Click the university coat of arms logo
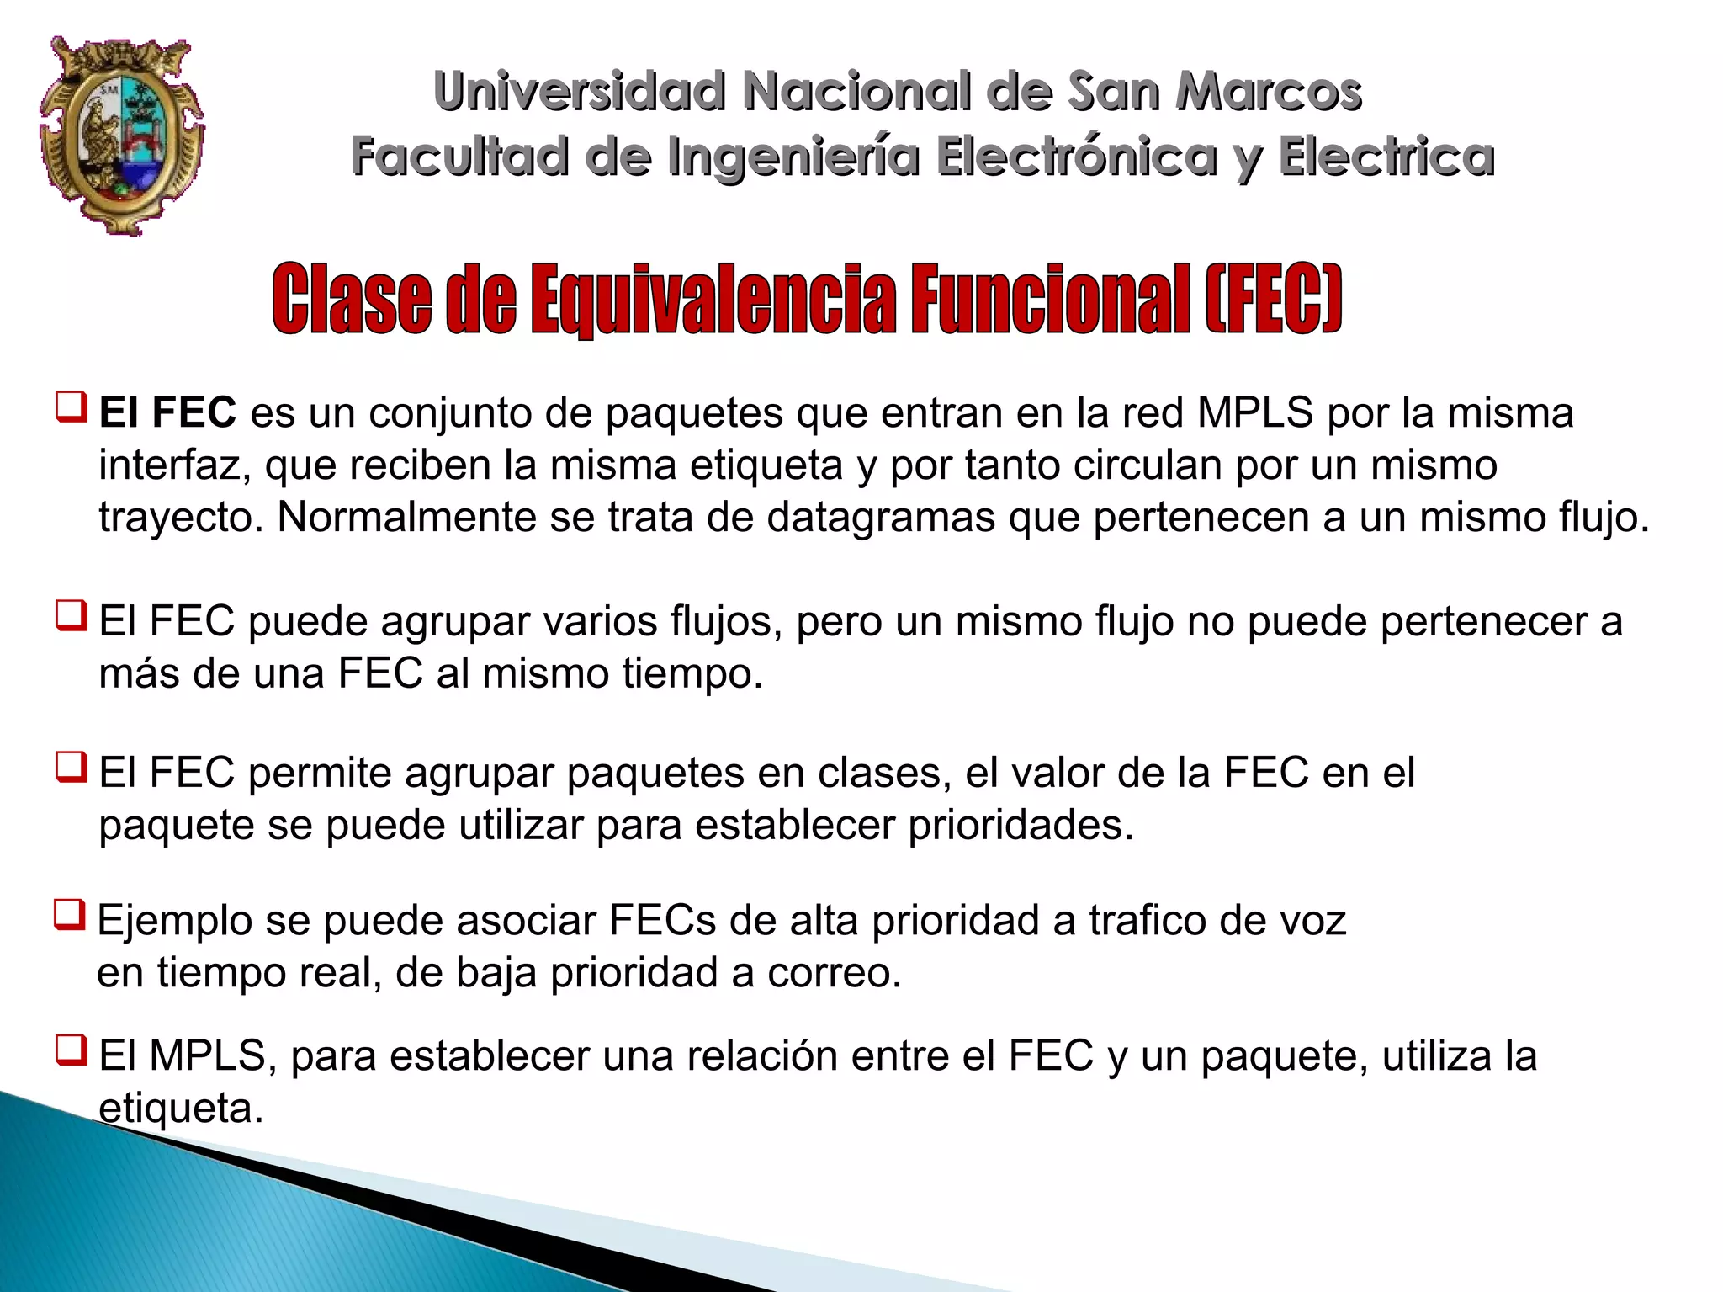pyautogui.click(x=122, y=135)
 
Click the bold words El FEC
pyautogui.click(x=167, y=412)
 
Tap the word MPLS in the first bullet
pyautogui.click(x=1254, y=412)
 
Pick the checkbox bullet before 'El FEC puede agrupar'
pyautogui.click(x=72, y=616)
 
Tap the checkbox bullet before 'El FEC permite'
pyautogui.click(x=72, y=768)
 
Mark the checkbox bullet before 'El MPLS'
pyautogui.click(x=72, y=1050)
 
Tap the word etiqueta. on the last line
pyautogui.click(x=181, y=1108)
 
